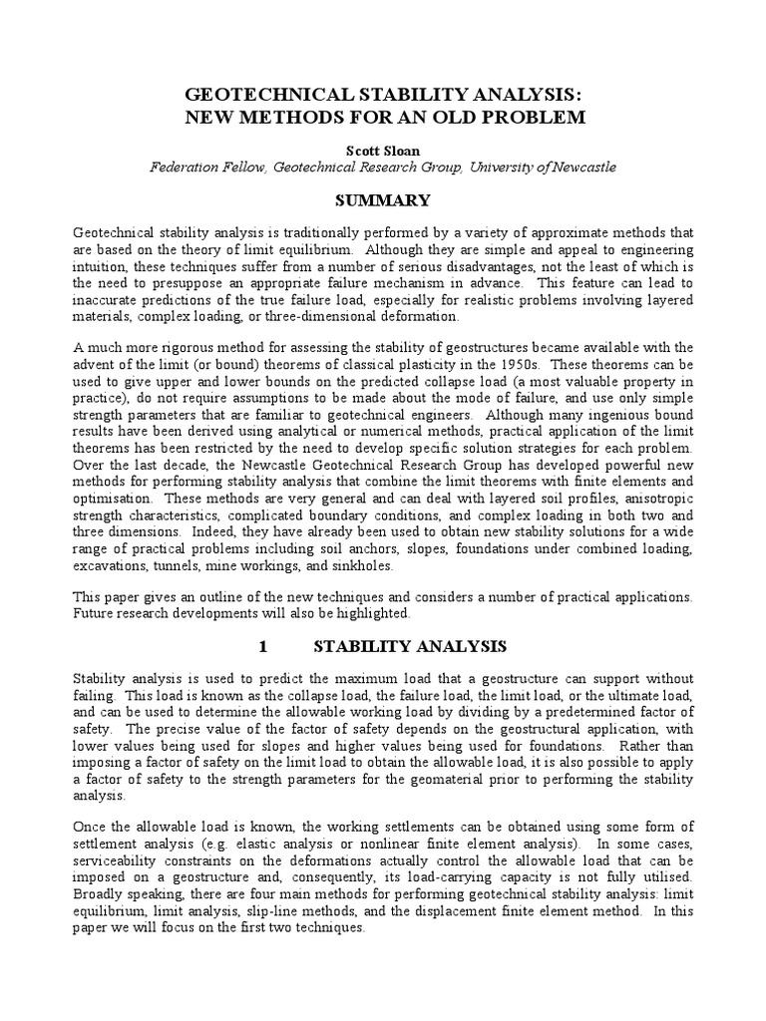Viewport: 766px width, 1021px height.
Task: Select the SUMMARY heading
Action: pyautogui.click(x=382, y=200)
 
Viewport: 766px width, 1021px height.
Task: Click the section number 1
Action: pyautogui.click(x=262, y=646)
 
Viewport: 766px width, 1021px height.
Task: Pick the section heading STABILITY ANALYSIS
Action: pyautogui.click(x=410, y=646)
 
